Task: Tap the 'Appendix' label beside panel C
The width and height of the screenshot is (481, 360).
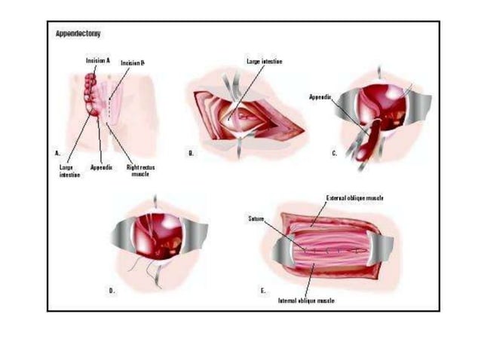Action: click(x=320, y=97)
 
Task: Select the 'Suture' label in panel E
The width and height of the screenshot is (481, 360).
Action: click(x=256, y=219)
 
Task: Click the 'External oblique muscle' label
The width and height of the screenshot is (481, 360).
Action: click(x=354, y=197)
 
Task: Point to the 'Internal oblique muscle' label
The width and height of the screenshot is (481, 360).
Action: click(x=307, y=300)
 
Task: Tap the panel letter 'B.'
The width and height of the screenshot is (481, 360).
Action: click(x=191, y=152)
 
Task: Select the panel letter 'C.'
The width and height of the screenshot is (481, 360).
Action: click(x=334, y=152)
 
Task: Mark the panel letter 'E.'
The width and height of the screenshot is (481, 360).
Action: click(x=262, y=289)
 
